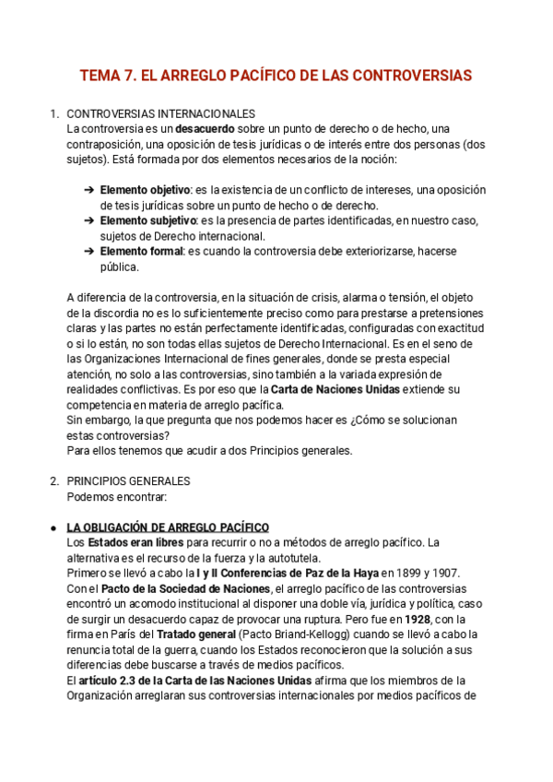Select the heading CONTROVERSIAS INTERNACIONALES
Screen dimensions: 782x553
(x=160, y=113)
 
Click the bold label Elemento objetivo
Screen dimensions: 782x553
(x=138, y=190)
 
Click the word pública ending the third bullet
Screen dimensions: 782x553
(x=119, y=267)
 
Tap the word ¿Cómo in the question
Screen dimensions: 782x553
(x=365, y=420)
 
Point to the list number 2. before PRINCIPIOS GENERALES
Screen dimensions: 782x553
(x=53, y=481)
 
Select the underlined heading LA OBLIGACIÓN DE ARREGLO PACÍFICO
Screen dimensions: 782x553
(x=168, y=527)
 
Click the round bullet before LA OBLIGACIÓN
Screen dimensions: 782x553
(x=53, y=527)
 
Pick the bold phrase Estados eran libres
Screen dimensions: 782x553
(x=135, y=542)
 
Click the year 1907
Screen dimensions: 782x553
(x=446, y=574)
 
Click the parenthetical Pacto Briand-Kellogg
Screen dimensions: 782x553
(x=297, y=634)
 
